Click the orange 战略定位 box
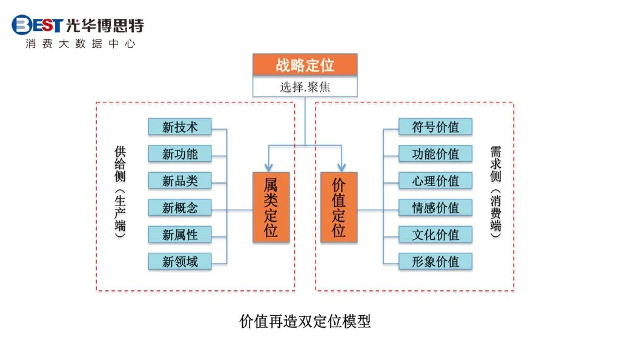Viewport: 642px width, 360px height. pos(305,65)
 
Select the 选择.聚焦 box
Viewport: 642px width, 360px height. pos(305,87)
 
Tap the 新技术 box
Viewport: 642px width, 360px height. pos(180,127)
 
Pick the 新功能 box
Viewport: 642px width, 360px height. pos(180,154)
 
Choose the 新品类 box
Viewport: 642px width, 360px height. pos(180,181)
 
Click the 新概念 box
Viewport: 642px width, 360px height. pos(180,208)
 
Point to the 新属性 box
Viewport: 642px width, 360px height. pos(180,235)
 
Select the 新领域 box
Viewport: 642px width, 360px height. pos(180,262)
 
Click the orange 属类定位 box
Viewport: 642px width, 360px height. pos(271,207)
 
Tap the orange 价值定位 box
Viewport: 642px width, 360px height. pos(339,207)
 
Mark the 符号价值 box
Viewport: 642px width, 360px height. pos(435,127)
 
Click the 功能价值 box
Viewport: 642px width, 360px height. pos(435,154)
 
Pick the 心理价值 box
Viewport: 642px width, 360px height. pos(435,181)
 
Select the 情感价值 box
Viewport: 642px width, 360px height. pos(435,208)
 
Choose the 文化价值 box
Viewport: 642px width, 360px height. pos(435,235)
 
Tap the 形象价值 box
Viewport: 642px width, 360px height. pos(435,262)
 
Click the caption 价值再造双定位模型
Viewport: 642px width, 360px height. pos(305,321)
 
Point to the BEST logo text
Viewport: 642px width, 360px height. pos(38,25)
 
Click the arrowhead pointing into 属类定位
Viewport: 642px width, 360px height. pos(267,167)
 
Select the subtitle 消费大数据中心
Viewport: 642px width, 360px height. pos(80,44)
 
